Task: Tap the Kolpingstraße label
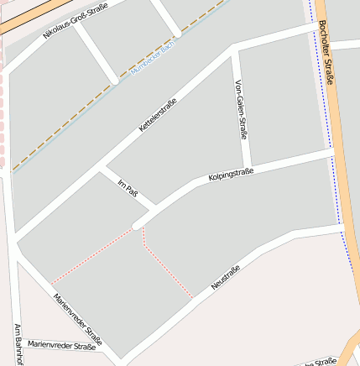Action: pyautogui.click(x=231, y=175)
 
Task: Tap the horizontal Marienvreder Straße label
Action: pyautogui.click(x=61, y=345)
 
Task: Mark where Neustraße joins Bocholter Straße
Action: pyautogui.click(x=344, y=225)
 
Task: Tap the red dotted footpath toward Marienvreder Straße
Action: pyautogui.click(x=92, y=255)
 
